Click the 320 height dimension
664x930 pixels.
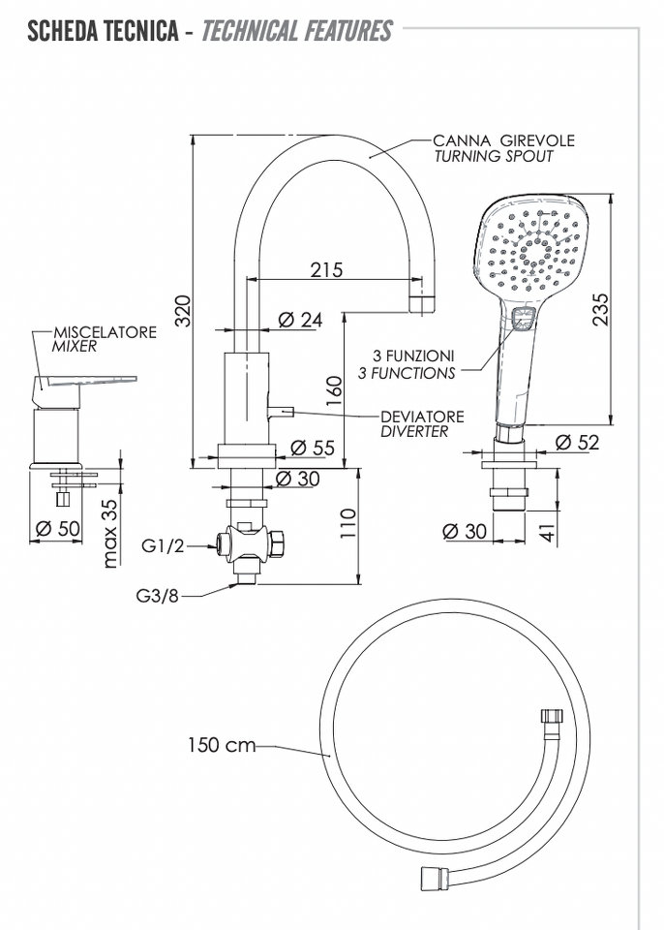[x=183, y=310]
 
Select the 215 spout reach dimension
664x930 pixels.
[x=326, y=270]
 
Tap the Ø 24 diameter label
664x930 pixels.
[x=300, y=320]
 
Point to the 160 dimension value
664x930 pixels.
[x=334, y=390]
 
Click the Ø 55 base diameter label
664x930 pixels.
[x=313, y=448]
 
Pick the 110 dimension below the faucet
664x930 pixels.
[x=347, y=523]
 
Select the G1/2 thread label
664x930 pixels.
[x=163, y=545]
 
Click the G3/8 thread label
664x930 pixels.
[x=157, y=596]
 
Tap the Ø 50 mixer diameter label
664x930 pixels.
[x=57, y=528]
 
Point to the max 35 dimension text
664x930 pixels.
[x=111, y=532]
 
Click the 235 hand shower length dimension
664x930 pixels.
[x=600, y=308]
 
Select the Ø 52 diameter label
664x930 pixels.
[x=578, y=442]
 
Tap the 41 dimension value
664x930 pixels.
[x=550, y=532]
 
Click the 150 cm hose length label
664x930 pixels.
[x=222, y=744]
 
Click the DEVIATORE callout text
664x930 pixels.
[x=422, y=417]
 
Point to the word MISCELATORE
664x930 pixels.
[x=105, y=332]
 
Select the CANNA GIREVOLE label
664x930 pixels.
[x=504, y=140]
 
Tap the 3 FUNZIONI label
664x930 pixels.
[x=413, y=356]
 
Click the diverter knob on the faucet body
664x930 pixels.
[x=281, y=411]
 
